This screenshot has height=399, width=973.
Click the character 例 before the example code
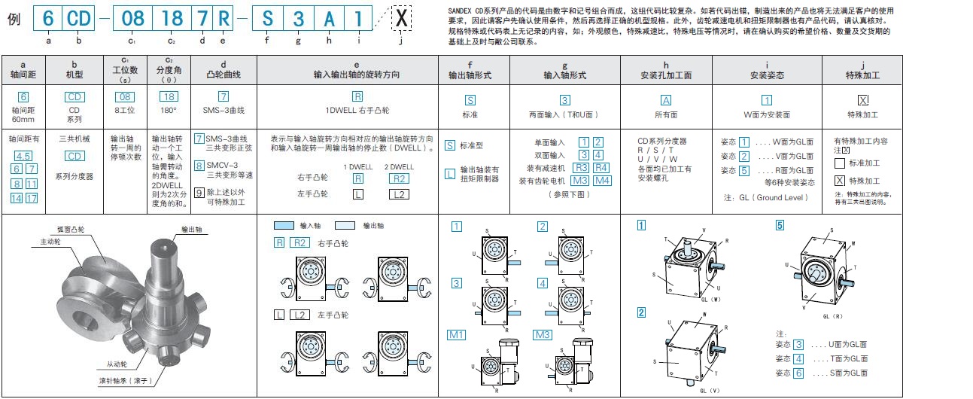point(14,19)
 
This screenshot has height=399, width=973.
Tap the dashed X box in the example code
point(402,20)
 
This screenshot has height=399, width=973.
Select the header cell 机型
point(74,75)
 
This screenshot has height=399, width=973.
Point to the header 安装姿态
point(766,75)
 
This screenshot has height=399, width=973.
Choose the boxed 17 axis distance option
point(32,198)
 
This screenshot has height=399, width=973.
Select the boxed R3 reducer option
point(581,167)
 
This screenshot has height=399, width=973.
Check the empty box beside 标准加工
point(840,163)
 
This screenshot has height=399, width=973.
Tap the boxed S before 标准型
point(449,145)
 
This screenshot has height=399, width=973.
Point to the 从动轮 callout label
point(116,364)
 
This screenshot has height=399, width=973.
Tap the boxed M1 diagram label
point(458,334)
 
